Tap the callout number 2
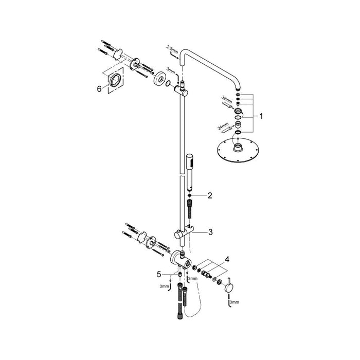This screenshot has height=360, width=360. pos(210,195)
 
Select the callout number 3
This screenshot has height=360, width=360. pos(210,232)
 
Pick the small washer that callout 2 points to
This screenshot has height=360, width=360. pos(190,195)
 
